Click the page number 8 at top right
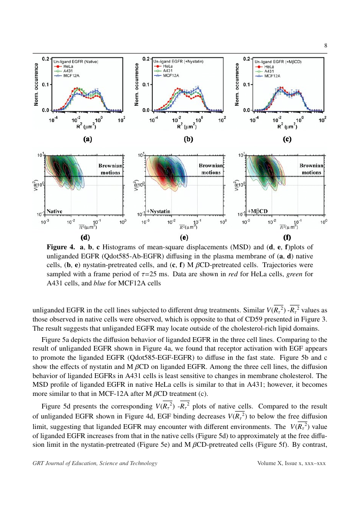pyautogui.click(x=325, y=46)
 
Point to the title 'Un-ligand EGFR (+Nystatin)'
pyautogui.click(x=178, y=62)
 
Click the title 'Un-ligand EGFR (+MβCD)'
pyautogui.click(x=278, y=62)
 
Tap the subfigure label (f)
pyautogui.click(x=287, y=238)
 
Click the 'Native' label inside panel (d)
pyautogui.click(x=55, y=211)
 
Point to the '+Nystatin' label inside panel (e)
pyautogui.click(x=158, y=211)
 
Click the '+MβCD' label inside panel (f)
pyautogui.click(x=258, y=211)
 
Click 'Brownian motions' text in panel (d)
pyautogui.click(x=111, y=169)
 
